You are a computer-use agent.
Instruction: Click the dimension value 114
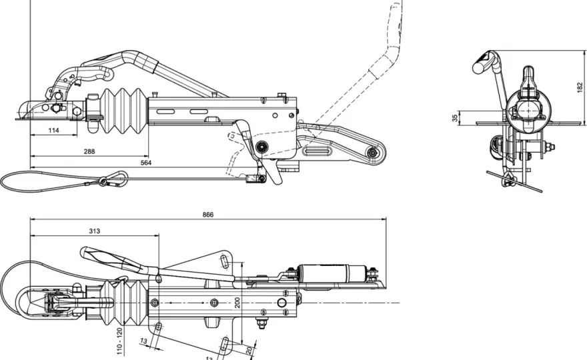coord(54,130)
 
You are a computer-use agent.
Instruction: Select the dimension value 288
coord(89,151)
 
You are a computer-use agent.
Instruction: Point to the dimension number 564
coord(145,163)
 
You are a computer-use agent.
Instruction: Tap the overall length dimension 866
coord(207,215)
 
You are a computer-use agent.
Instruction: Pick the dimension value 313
coord(94,231)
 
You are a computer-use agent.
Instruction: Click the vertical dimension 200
coord(237,303)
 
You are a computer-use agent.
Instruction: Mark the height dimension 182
coord(580,87)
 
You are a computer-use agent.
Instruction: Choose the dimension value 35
coord(454,118)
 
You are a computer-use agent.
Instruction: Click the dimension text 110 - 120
coord(119,341)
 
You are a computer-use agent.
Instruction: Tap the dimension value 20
coord(249,351)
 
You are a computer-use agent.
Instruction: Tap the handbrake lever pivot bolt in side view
coord(261,146)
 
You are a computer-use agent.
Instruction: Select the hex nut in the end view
coord(548,147)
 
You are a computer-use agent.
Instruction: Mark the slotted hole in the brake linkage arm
coord(317,151)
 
